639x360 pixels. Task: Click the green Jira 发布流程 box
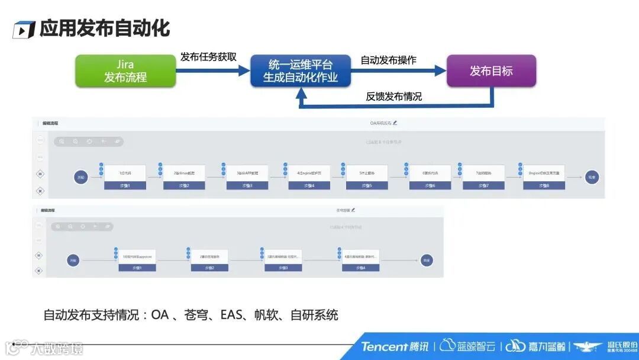pyautogui.click(x=125, y=71)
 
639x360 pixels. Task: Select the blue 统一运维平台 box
pyautogui.click(x=301, y=71)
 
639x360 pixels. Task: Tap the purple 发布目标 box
pyautogui.click(x=491, y=71)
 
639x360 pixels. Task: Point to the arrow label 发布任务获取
pyautogui.click(x=208, y=57)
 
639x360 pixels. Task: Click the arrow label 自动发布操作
pyautogui.click(x=388, y=60)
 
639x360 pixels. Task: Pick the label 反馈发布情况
pyautogui.click(x=393, y=96)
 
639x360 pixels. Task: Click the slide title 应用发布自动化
pyautogui.click(x=105, y=28)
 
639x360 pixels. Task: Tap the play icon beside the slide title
pyautogui.click(x=24, y=30)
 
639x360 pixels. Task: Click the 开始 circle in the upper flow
pyautogui.click(x=80, y=176)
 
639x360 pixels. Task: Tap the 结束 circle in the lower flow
pyautogui.click(x=427, y=260)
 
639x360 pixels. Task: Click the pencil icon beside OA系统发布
pyautogui.click(x=395, y=123)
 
